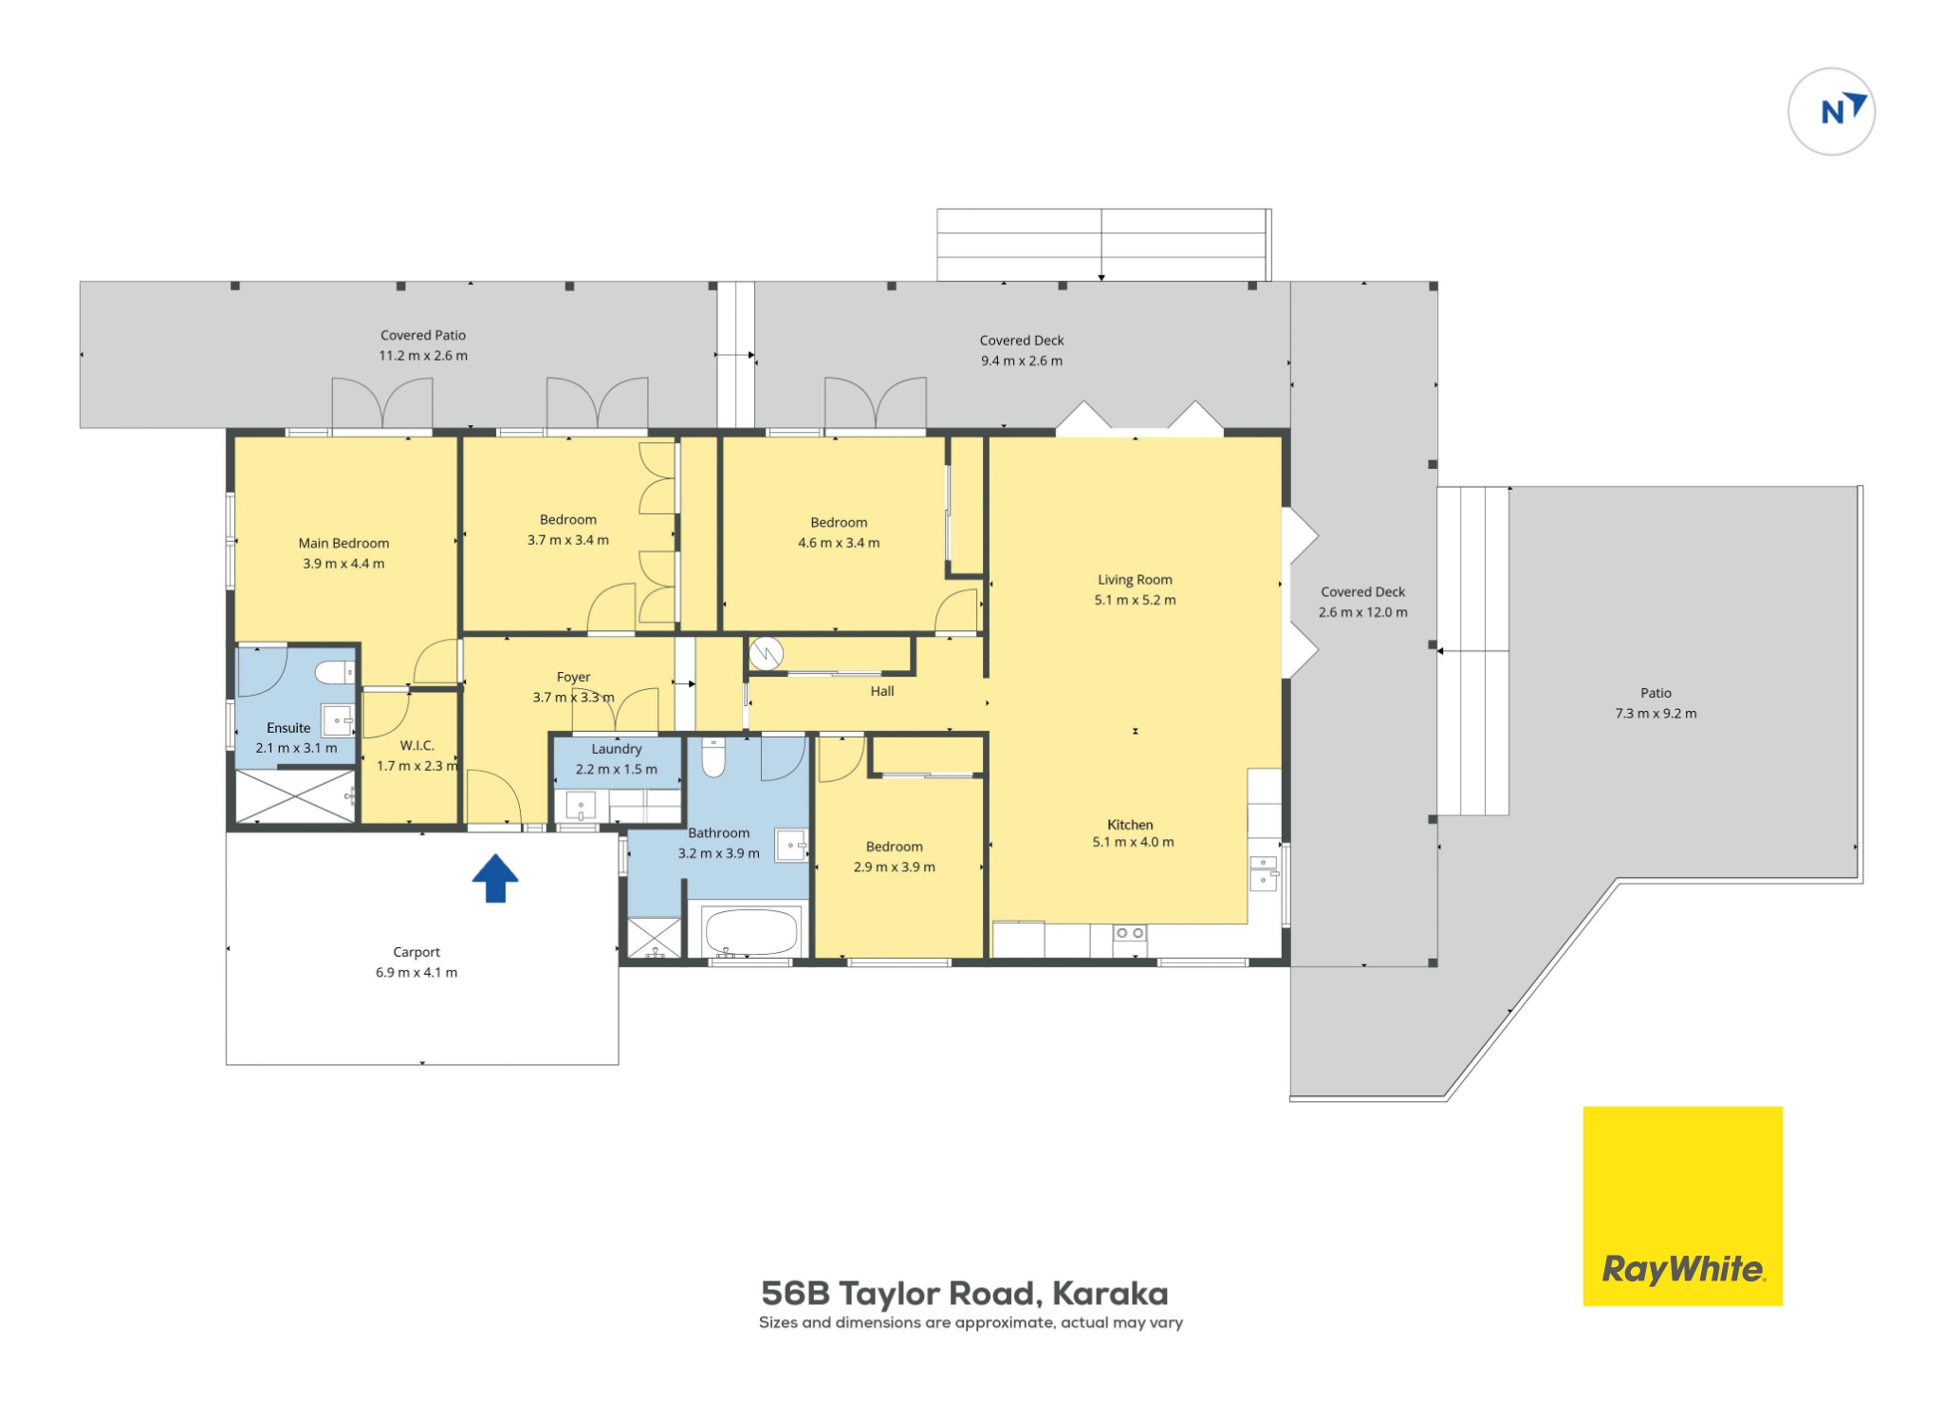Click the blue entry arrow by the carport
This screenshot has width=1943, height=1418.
click(495, 878)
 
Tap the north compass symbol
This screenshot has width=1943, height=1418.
click(1831, 111)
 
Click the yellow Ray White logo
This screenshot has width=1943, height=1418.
click(1682, 1205)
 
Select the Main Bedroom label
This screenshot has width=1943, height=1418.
click(343, 543)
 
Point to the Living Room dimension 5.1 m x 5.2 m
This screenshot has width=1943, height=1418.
click(1135, 600)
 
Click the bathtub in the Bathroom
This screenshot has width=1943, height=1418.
click(750, 932)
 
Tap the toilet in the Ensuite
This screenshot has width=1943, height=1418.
click(334, 672)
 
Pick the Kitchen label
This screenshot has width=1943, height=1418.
click(1130, 825)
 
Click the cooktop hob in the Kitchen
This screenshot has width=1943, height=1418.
click(1129, 934)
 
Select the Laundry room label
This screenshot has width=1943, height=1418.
click(617, 749)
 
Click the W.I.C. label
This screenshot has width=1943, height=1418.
click(416, 745)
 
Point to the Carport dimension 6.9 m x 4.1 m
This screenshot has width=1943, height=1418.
click(416, 972)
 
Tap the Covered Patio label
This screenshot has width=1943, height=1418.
click(423, 335)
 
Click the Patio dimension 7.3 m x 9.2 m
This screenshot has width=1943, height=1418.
click(1656, 714)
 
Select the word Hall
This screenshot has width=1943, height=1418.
click(882, 691)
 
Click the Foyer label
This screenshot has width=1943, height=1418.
click(573, 677)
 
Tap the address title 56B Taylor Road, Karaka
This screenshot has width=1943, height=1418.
click(965, 1294)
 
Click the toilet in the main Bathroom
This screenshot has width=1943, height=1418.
click(713, 756)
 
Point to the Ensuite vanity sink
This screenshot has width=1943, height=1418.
click(338, 720)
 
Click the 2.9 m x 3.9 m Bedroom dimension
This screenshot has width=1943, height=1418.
click(894, 867)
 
